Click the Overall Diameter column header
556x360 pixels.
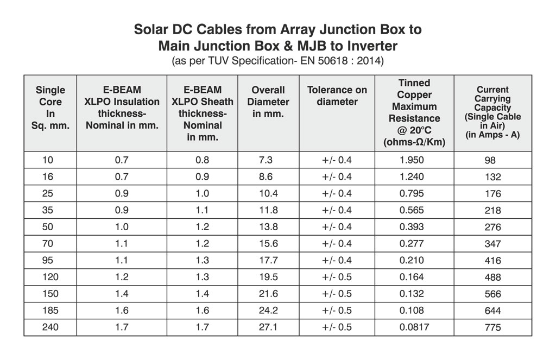click(268, 102)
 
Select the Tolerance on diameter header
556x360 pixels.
click(337, 96)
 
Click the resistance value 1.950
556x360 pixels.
click(411, 160)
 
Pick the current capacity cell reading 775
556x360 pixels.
click(492, 327)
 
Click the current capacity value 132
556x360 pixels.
click(492, 178)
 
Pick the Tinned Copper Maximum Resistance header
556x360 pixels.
click(414, 112)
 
